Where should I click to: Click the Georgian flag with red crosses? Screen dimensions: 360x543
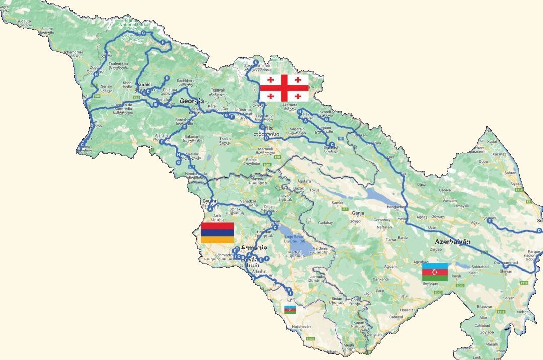[284, 88]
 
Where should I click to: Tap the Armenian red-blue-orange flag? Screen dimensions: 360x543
[217, 232]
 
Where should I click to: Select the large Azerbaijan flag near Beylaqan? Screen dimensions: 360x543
[435, 272]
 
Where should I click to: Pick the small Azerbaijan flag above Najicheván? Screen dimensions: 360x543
[290, 309]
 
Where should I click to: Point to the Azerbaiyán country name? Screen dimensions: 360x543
[452, 242]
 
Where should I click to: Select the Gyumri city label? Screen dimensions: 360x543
[210, 201]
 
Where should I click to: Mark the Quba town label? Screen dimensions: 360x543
[483, 162]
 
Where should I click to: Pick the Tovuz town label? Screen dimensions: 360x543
[315, 190]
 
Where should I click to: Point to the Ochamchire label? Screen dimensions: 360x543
[73, 52]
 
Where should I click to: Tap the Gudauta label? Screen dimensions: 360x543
[24, 22]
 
